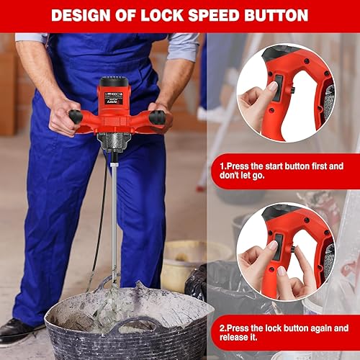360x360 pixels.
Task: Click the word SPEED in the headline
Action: click(214, 16)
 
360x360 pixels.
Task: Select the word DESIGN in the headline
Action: click(81, 16)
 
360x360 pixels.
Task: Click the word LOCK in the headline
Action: click(162, 16)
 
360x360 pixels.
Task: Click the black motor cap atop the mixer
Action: click(114, 81)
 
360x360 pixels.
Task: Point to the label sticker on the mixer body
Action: click(114, 98)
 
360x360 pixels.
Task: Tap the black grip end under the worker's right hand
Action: click(76, 117)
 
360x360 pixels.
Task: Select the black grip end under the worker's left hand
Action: click(157, 117)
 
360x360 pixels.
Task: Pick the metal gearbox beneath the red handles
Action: click(114, 142)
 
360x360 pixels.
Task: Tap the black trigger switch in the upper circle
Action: click(278, 88)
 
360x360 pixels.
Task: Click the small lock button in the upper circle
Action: click(293, 90)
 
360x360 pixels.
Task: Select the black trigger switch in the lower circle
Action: click(279, 247)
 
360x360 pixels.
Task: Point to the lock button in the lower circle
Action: click(293, 249)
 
